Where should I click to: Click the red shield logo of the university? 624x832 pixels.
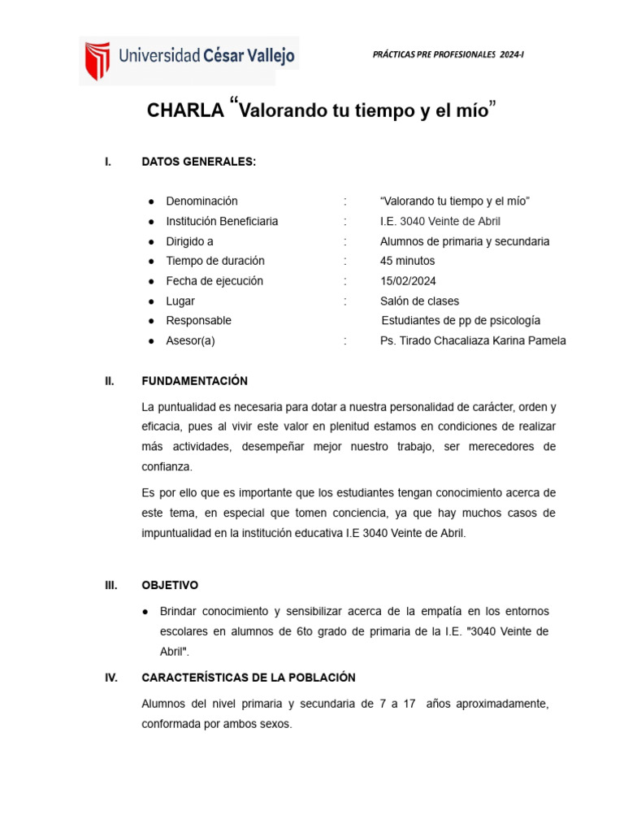(98, 60)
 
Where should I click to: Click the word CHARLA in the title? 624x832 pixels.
(184, 111)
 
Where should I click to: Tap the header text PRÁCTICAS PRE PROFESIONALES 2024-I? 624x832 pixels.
(448, 54)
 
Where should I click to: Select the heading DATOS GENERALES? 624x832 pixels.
(198, 162)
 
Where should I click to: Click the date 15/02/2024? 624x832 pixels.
(407, 281)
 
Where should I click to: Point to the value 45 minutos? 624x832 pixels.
(407, 261)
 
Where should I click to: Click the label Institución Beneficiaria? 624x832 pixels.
(222, 221)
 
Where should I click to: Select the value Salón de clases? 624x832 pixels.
(419, 301)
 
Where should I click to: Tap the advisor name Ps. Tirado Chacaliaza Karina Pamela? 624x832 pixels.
(473, 340)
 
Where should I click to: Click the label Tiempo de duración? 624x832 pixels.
(215, 261)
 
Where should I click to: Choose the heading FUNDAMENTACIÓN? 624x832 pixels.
(194, 381)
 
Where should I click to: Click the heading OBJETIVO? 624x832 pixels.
(169, 585)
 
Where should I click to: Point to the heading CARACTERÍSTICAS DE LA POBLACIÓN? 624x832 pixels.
(248, 678)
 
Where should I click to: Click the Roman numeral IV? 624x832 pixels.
(112, 678)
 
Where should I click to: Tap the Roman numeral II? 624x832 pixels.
(110, 381)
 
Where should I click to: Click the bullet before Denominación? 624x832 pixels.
(151, 201)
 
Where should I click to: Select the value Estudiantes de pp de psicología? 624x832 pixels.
(461, 321)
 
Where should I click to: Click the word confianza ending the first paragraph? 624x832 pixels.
(167, 467)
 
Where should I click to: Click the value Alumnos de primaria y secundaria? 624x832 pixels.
(465, 241)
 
